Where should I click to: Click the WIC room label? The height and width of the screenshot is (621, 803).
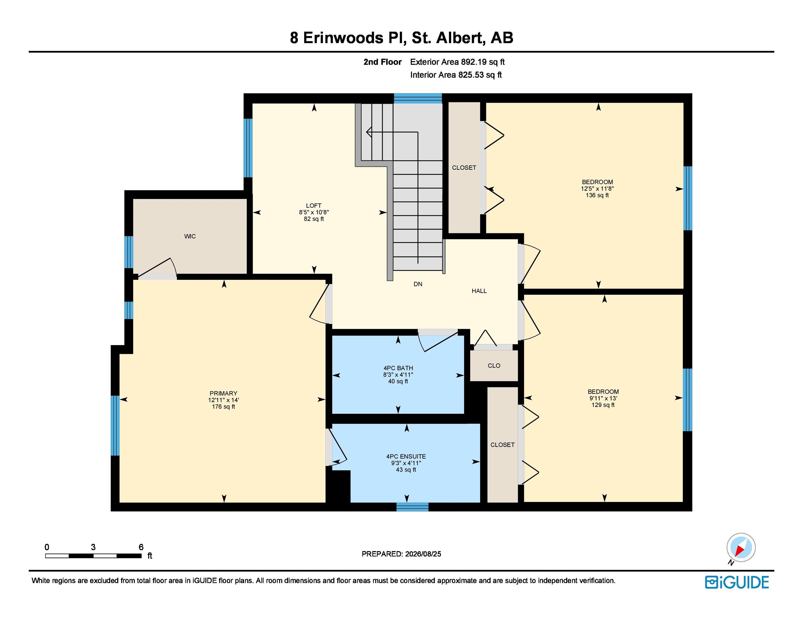click(x=190, y=236)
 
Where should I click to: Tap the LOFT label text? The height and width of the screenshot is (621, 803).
click(x=314, y=206)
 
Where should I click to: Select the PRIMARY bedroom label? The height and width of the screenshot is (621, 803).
click(x=224, y=393)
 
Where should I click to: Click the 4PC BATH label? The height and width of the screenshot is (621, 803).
click(x=398, y=368)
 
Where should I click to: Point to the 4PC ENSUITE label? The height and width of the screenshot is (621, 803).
click(x=406, y=456)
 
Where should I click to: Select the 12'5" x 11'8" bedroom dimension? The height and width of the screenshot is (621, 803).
click(x=597, y=189)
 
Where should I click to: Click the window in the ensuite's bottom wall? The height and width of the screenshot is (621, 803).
click(x=412, y=507)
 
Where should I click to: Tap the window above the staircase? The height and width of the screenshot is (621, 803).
click(x=418, y=98)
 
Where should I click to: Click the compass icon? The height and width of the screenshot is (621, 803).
click(x=741, y=547)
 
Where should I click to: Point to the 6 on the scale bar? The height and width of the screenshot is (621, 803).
click(x=141, y=547)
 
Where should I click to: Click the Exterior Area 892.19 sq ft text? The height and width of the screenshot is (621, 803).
click(x=457, y=62)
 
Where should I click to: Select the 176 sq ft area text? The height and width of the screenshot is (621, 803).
click(x=224, y=406)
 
